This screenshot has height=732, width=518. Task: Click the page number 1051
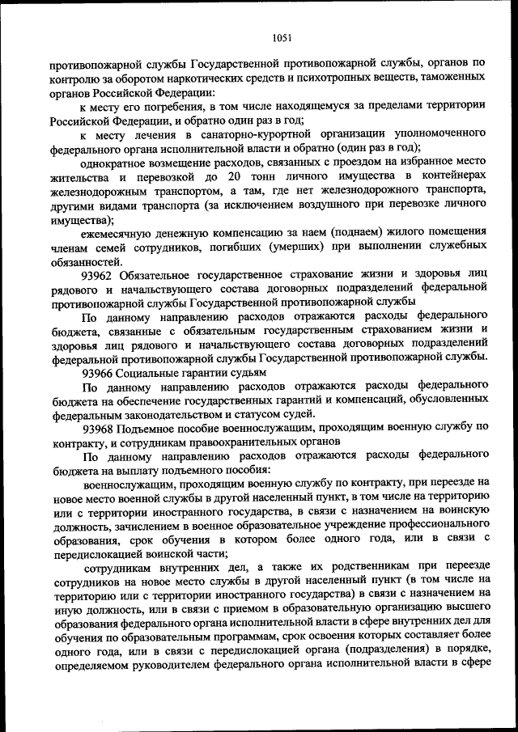coord(282,36)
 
